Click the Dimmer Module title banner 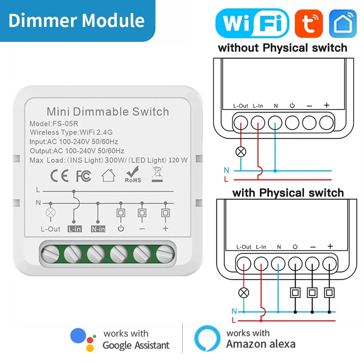[76, 20]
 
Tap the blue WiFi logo [252, 23]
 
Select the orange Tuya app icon [309, 23]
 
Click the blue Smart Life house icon [343, 23]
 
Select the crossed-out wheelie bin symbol [157, 174]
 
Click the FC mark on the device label [83, 176]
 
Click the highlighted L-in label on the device [74, 229]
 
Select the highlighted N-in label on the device [98, 229]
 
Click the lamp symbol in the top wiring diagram [241, 152]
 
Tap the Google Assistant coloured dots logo [83, 339]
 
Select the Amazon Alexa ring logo [207, 338]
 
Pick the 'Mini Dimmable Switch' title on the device [108, 111]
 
